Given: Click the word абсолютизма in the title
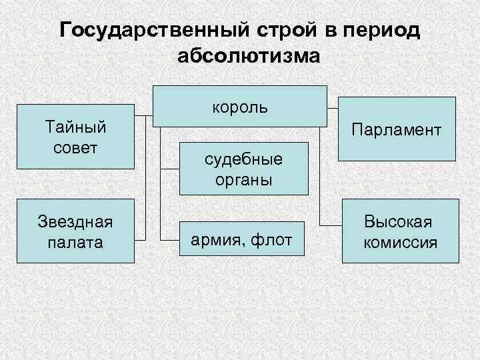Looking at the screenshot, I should (249, 56).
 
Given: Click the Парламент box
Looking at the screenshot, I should (397, 129).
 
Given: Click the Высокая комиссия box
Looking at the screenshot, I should (400, 231).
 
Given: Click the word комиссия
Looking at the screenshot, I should (400, 241).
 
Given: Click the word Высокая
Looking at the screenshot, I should (400, 221).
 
